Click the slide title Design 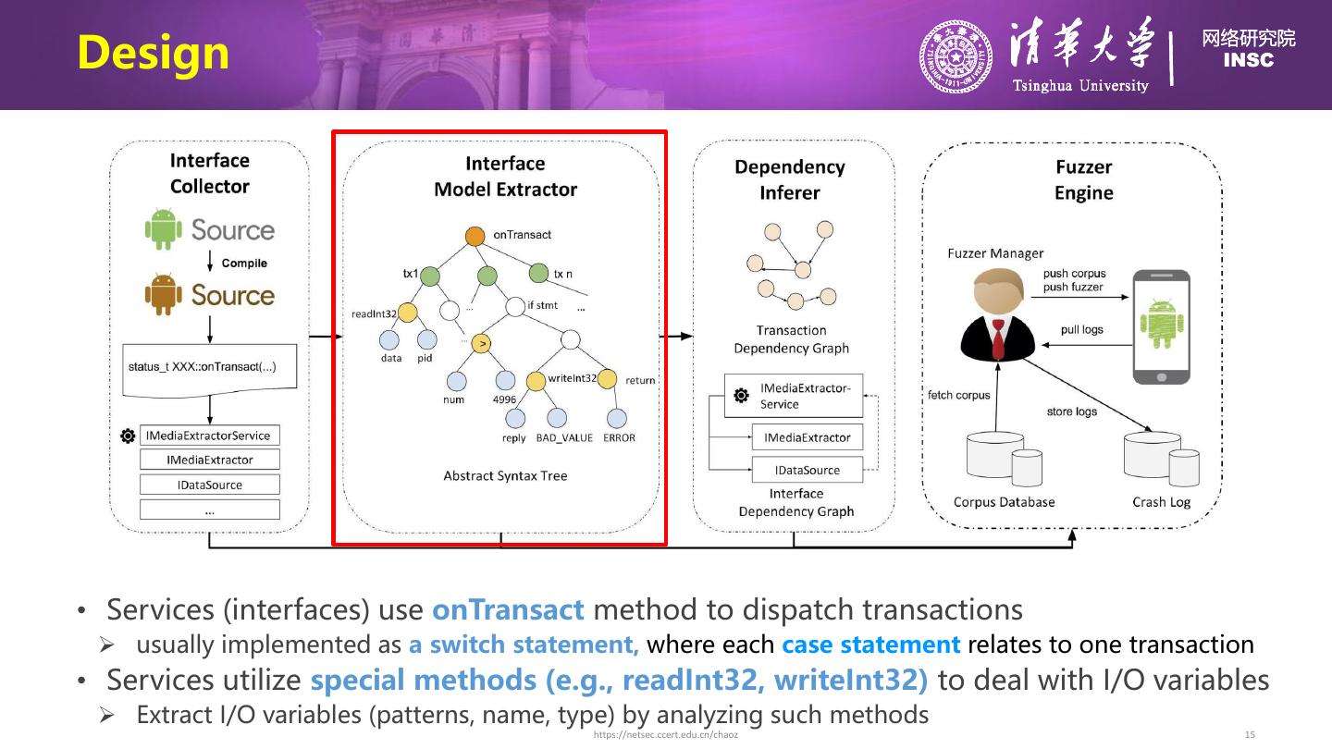click(153, 53)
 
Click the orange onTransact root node click(475, 236)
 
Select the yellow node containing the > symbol click(481, 344)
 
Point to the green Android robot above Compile click(164, 229)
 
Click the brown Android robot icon click(164, 295)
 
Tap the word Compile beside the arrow click(244, 264)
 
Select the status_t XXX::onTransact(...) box click(210, 367)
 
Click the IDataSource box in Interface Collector click(210, 485)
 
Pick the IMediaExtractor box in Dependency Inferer click(807, 437)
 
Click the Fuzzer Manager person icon click(998, 314)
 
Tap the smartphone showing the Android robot click(1162, 325)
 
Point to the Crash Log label click(1161, 502)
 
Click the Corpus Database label click(1004, 502)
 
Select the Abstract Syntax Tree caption click(505, 476)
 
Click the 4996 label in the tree click(504, 400)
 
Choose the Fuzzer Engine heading click(1083, 179)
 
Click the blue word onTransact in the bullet click(508, 610)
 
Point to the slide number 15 click(1250, 735)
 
